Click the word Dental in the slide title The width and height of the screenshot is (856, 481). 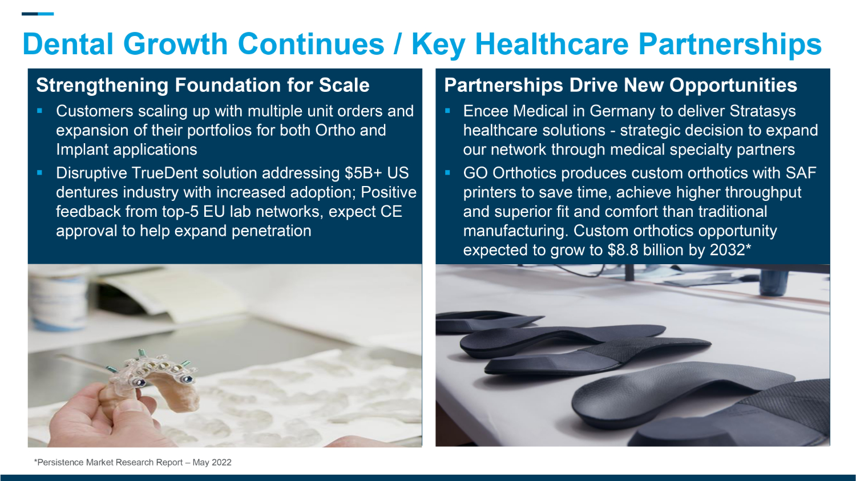(68, 44)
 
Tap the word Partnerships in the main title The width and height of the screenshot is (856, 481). (730, 45)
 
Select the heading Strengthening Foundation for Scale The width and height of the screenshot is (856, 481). (203, 85)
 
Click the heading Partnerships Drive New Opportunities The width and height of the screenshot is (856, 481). (620, 85)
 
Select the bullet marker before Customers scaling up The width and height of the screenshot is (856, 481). (39, 111)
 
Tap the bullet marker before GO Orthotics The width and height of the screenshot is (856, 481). (447, 173)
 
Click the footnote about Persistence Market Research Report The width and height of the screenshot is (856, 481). (132, 462)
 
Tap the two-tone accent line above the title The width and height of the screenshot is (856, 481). (38, 14)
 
